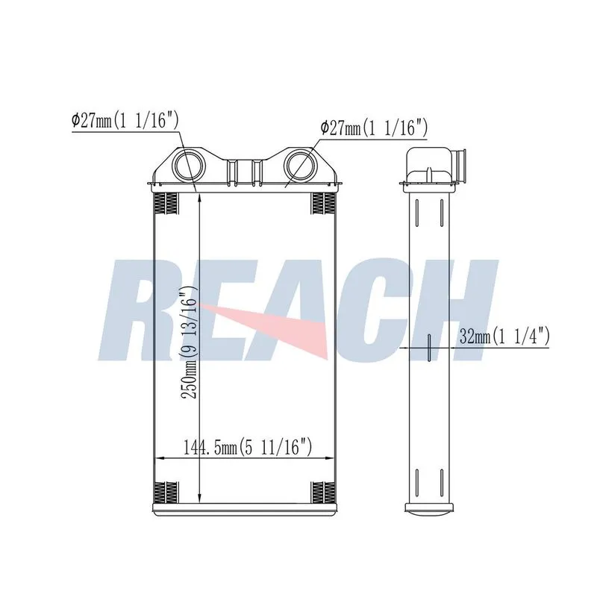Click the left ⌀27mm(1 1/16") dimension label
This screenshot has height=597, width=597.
click(125, 121)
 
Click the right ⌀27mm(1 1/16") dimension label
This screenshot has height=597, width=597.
click(375, 128)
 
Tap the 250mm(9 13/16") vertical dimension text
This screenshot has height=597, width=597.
click(189, 342)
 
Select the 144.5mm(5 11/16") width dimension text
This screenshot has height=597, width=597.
click(248, 446)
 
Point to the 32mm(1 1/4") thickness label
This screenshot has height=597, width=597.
click(504, 337)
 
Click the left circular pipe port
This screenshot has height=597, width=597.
click(189, 166)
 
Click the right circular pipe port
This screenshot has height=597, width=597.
click(300, 166)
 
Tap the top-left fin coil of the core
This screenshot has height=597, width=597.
click(166, 204)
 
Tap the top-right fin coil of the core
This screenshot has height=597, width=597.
click(323, 204)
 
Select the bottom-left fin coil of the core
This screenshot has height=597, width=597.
click(166, 493)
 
